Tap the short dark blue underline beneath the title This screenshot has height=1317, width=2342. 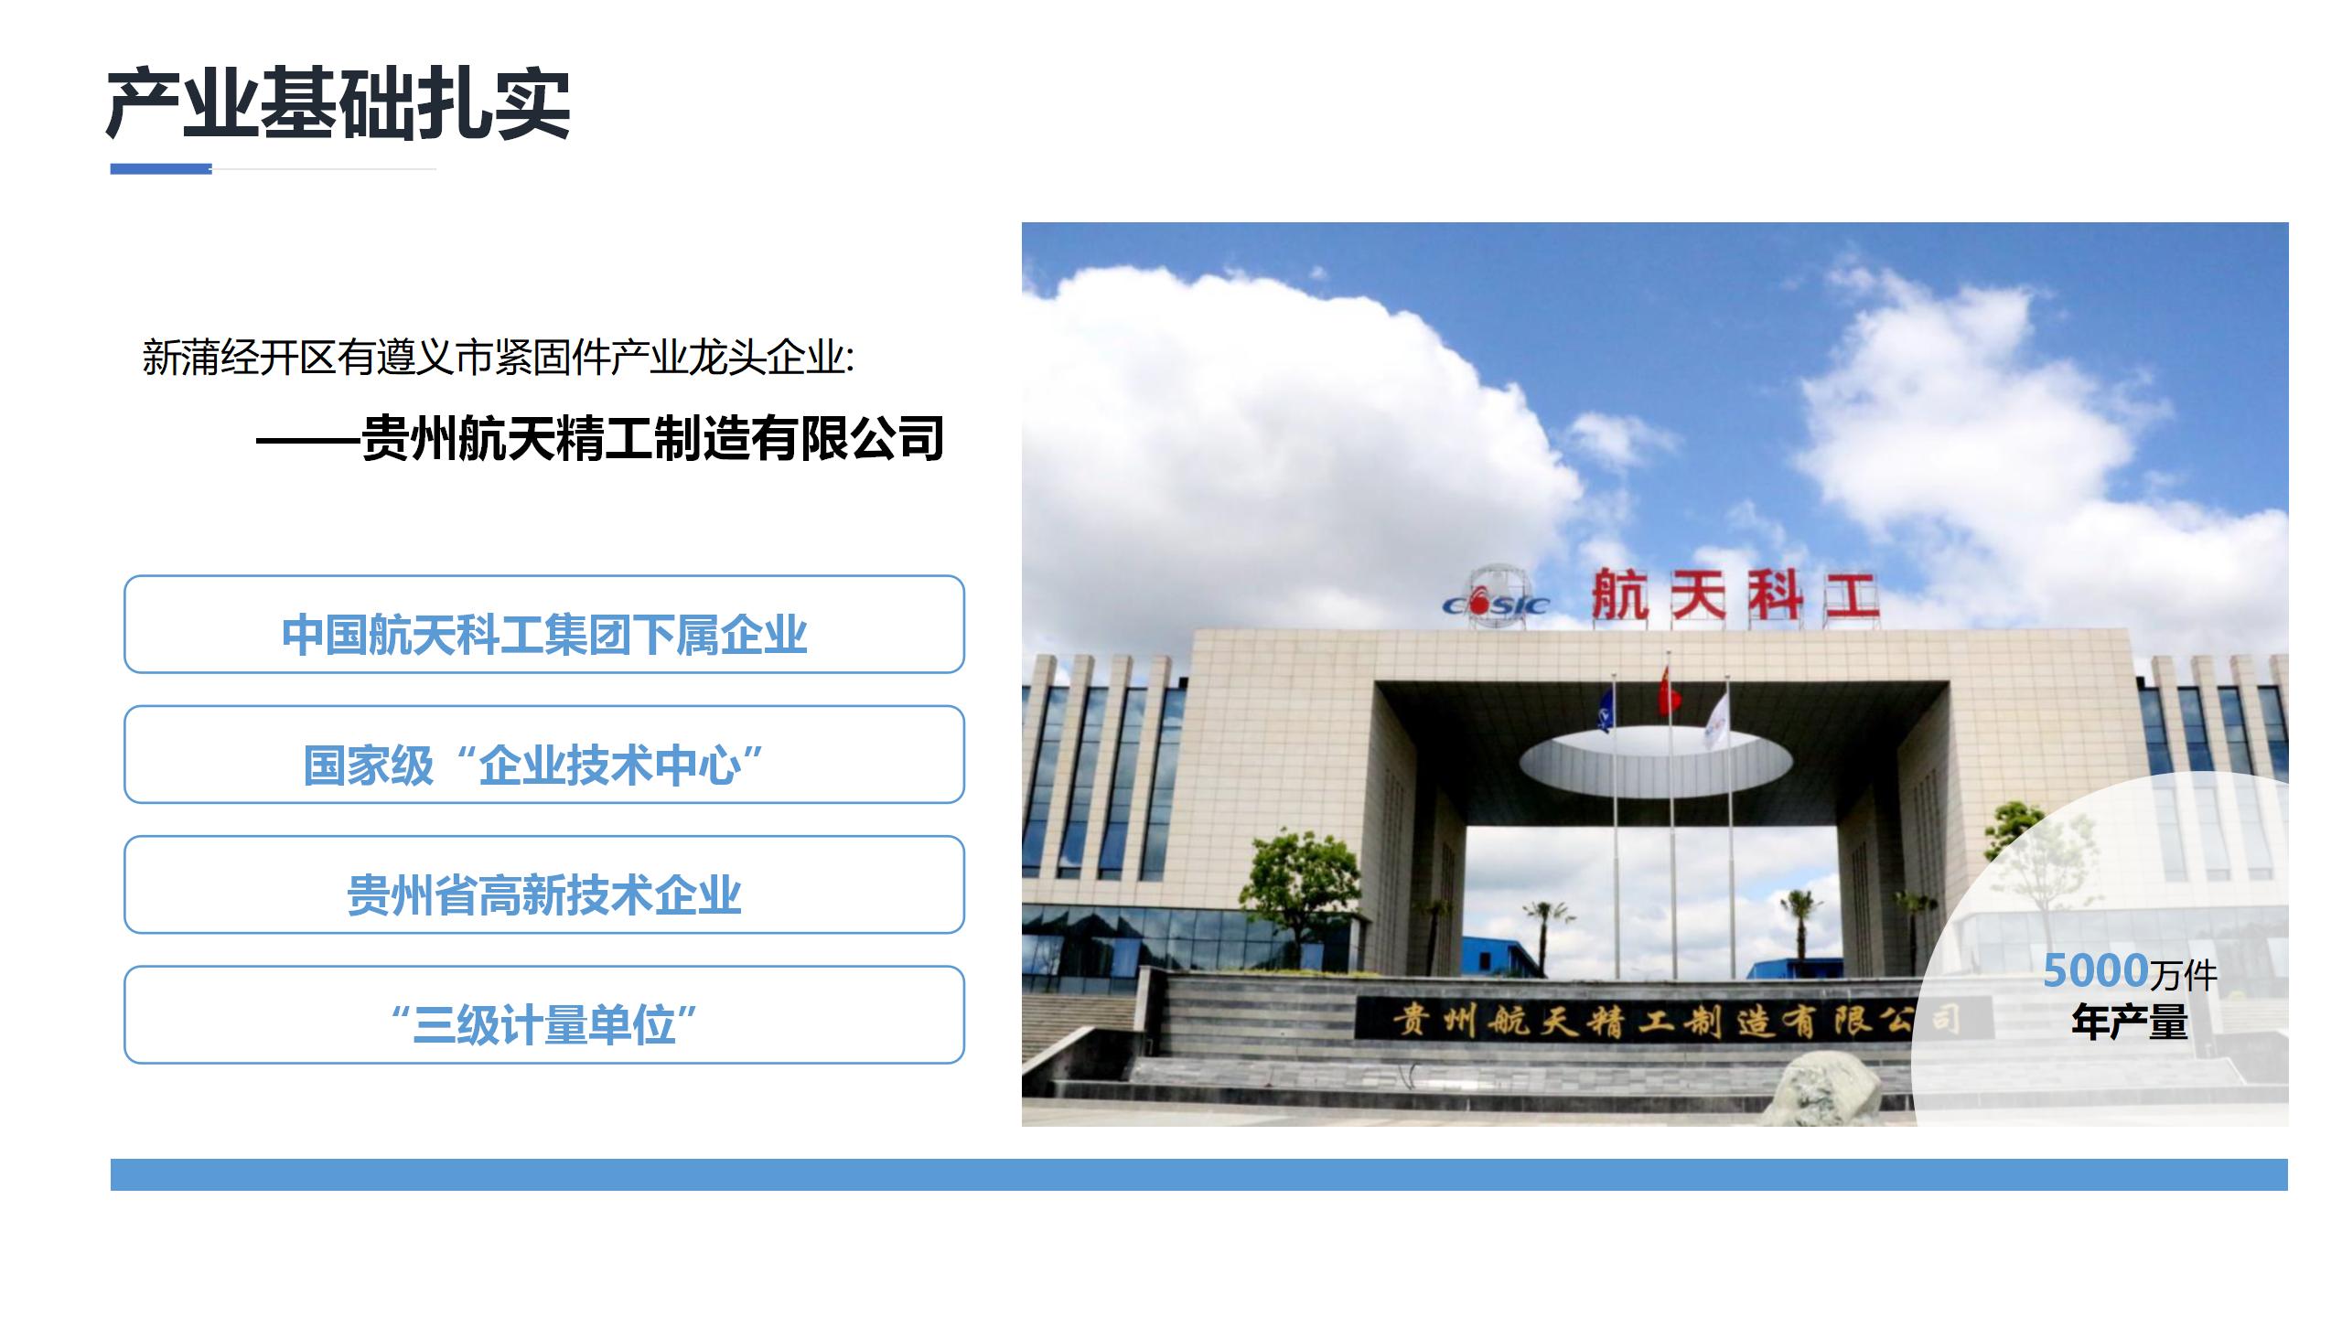click(x=161, y=168)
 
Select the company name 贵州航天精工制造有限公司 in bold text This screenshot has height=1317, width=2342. click(x=652, y=439)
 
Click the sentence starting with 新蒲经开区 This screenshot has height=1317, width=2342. click(x=499, y=357)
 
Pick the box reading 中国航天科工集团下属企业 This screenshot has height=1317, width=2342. click(x=544, y=624)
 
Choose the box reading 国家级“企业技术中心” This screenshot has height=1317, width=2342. click(x=544, y=755)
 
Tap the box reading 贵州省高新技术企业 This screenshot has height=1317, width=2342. click(x=544, y=884)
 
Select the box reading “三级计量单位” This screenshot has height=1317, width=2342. click(x=544, y=1014)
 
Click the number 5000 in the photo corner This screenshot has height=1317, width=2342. click(x=2096, y=970)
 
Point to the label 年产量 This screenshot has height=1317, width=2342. click(x=2130, y=1023)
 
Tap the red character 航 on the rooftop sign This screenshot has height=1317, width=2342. click(x=1620, y=594)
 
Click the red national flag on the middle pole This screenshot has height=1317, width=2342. click(x=1670, y=691)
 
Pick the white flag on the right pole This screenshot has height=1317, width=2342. click(x=1716, y=718)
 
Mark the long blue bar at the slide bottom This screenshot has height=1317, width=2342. click(x=1199, y=1174)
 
